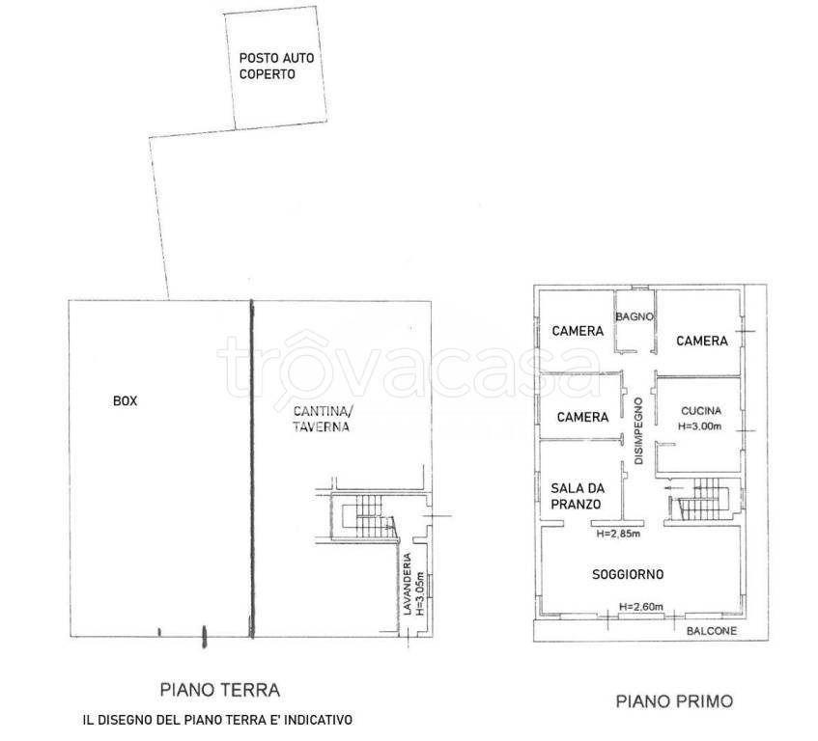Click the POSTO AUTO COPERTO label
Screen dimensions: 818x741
276,67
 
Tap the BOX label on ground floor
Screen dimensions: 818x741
126,400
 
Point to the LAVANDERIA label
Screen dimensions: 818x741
408,584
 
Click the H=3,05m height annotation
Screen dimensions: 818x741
420,593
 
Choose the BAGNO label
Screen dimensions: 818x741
635,316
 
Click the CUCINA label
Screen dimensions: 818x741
701,411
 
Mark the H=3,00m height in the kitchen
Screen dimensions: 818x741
699,426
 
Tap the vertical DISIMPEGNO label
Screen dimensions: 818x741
639,431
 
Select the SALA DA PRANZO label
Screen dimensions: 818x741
578,496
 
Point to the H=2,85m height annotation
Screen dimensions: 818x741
618,534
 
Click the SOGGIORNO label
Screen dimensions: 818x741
628,574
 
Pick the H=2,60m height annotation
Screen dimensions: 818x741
641,607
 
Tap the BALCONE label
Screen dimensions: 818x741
712,631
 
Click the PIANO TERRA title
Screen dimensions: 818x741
219,690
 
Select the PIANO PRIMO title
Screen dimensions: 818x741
674,701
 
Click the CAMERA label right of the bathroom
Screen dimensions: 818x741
702,341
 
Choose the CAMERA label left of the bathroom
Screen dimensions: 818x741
578,331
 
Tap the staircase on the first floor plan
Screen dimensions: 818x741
704,499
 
